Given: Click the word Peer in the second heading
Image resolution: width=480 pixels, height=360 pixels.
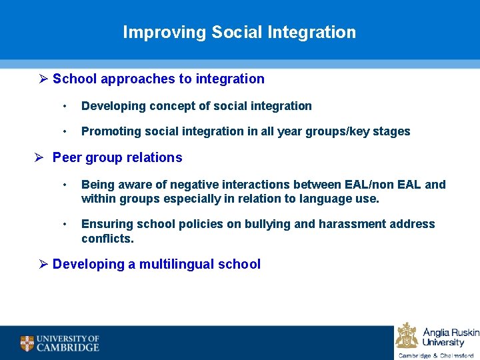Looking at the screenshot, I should [66, 158].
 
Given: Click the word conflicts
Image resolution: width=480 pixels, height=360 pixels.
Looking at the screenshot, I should [107, 239].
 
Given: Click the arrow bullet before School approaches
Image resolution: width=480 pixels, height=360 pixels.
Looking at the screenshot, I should [44, 79].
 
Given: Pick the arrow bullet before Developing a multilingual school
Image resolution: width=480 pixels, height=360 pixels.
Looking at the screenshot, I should [44, 264].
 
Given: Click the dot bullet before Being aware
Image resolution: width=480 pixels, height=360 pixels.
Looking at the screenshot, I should [65, 185].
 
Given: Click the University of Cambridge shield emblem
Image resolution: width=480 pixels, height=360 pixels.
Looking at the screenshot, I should [27, 343].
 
